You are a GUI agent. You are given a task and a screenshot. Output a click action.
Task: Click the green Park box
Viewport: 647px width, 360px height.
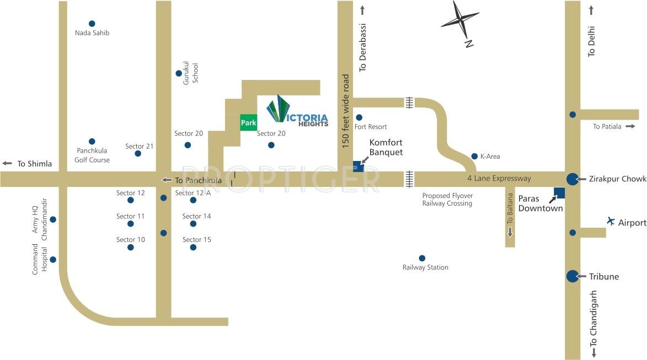click(248, 122)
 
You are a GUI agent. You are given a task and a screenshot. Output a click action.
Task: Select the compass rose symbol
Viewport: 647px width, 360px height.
click(460, 22)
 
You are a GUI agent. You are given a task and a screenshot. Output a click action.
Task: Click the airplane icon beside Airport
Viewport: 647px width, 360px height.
click(611, 221)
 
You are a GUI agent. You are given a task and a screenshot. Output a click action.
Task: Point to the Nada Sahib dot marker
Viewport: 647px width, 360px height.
click(92, 23)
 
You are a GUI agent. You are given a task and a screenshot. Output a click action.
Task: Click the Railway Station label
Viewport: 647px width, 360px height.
click(425, 267)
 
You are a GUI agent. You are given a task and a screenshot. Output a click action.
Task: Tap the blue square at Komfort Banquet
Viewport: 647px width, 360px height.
click(358, 166)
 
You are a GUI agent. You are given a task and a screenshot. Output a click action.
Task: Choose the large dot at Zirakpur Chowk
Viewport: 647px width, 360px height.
click(573, 179)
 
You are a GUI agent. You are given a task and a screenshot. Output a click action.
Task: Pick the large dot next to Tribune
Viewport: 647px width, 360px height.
click(573, 276)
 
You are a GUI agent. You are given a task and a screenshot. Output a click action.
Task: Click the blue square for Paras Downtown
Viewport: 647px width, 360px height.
click(559, 193)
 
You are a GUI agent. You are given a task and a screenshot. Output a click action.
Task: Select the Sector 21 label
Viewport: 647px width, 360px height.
click(139, 146)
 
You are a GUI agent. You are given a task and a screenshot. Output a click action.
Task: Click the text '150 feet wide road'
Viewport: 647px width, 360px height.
click(346, 111)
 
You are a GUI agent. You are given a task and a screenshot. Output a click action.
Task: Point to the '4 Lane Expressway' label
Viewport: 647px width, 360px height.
click(499, 178)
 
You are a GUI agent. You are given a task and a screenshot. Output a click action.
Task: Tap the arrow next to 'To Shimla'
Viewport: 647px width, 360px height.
click(7, 163)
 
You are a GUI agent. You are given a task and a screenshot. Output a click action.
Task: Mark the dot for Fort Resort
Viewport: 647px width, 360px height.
click(359, 117)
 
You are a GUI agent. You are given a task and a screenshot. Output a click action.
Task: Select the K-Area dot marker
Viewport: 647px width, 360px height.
click(474, 156)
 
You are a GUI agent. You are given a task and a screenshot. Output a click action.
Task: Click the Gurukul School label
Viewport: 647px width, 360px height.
click(190, 73)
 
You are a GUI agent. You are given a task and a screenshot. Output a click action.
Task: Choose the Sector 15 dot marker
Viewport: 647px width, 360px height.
click(193, 248)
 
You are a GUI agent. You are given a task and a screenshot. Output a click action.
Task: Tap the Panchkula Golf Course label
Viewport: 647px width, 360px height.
click(92, 155)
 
